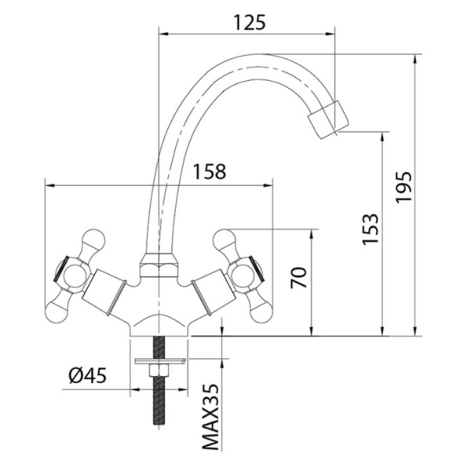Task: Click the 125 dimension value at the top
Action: click(250, 23)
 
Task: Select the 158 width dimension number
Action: click(209, 171)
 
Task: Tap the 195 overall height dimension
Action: click(403, 187)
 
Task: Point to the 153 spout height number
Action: click(370, 229)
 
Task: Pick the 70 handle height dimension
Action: click(299, 277)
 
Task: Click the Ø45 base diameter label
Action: click(88, 375)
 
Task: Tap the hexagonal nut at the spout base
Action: click(159, 265)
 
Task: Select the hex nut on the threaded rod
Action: click(159, 371)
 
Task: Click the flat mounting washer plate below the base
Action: click(161, 361)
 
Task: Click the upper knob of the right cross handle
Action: click(226, 242)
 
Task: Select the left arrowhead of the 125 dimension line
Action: click(163, 34)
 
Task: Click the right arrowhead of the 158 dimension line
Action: click(268, 185)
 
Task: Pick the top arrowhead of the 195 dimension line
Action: click(415, 59)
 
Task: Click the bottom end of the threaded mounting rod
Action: click(159, 424)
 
